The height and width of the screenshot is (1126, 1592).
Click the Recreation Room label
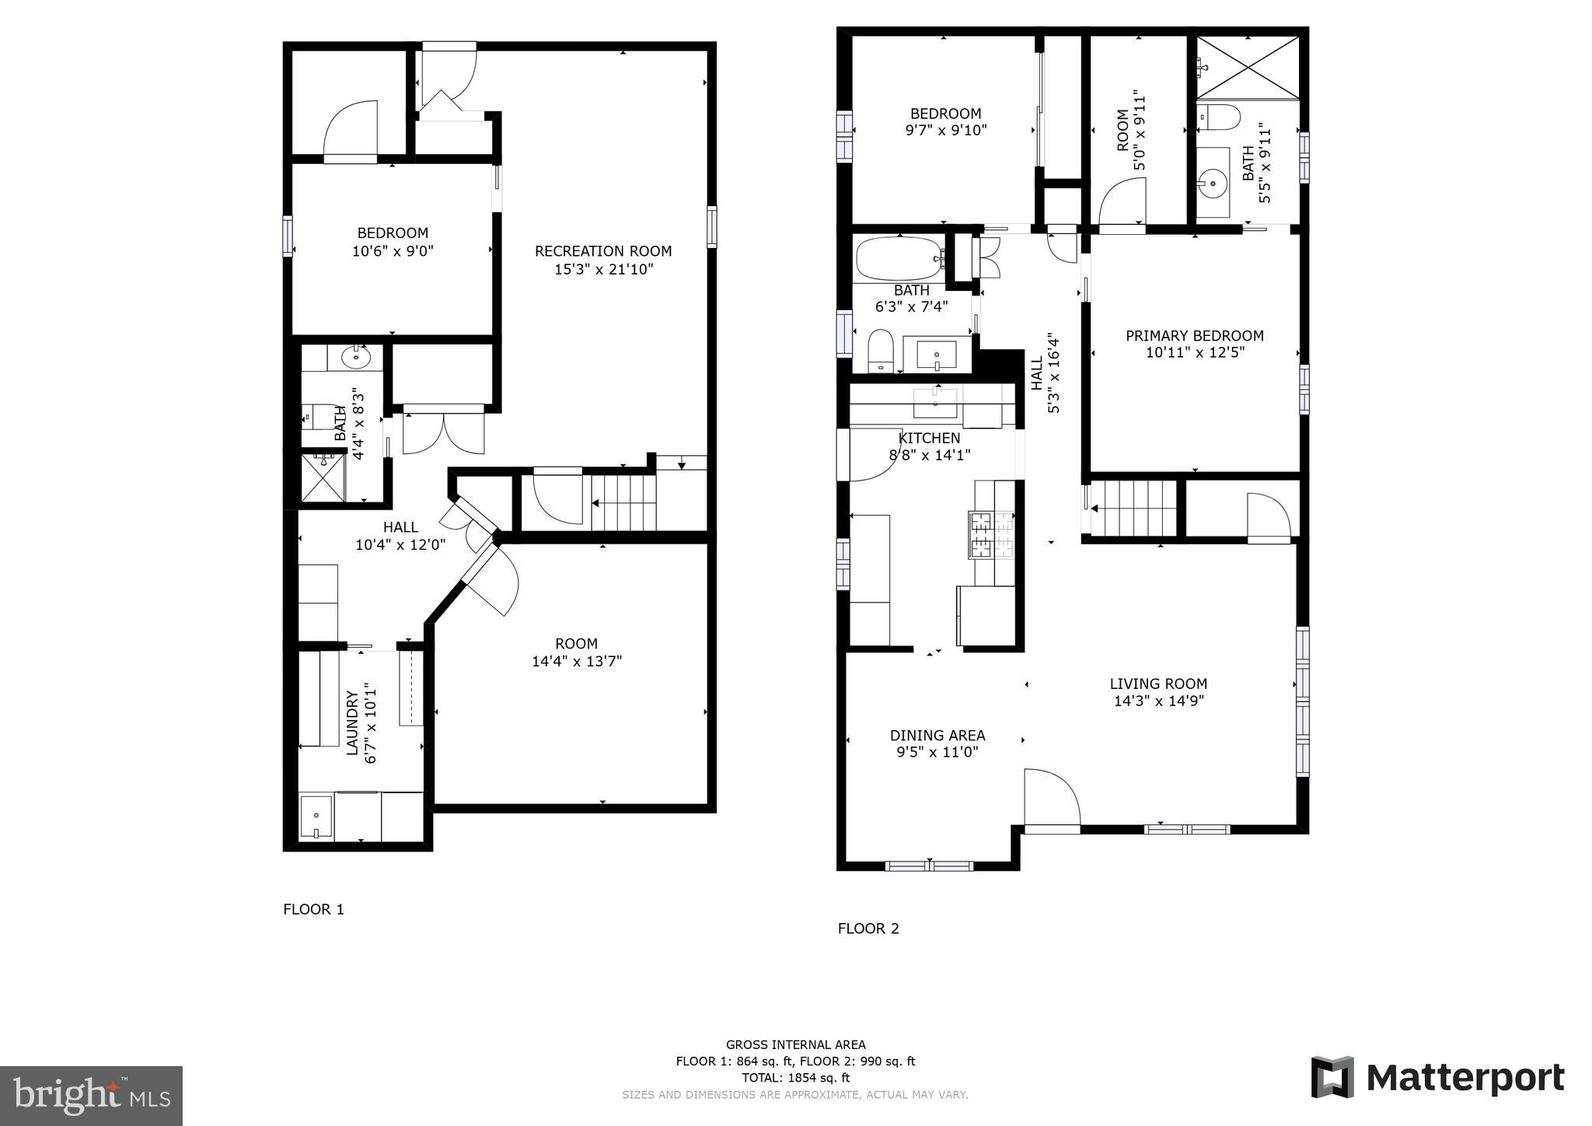[x=602, y=251]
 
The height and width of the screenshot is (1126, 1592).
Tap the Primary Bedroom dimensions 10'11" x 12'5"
[x=1195, y=352]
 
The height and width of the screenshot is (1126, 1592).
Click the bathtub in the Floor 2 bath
[x=899, y=259]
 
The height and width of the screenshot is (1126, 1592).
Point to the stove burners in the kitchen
[x=992, y=534]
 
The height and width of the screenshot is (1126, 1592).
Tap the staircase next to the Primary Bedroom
[x=1133, y=508]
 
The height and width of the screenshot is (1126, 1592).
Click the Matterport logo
[x=1437, y=1078]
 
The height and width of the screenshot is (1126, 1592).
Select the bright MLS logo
[x=91, y=1096]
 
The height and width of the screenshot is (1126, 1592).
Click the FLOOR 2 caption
[x=868, y=928]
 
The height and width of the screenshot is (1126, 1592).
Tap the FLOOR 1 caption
[x=313, y=909]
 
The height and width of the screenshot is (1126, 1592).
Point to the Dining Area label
[x=937, y=735]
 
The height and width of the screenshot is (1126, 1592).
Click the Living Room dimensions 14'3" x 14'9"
[x=1157, y=701]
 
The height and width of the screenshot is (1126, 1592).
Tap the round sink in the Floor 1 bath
[x=356, y=358]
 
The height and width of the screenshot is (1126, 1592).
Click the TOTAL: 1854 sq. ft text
[x=795, y=1078]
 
